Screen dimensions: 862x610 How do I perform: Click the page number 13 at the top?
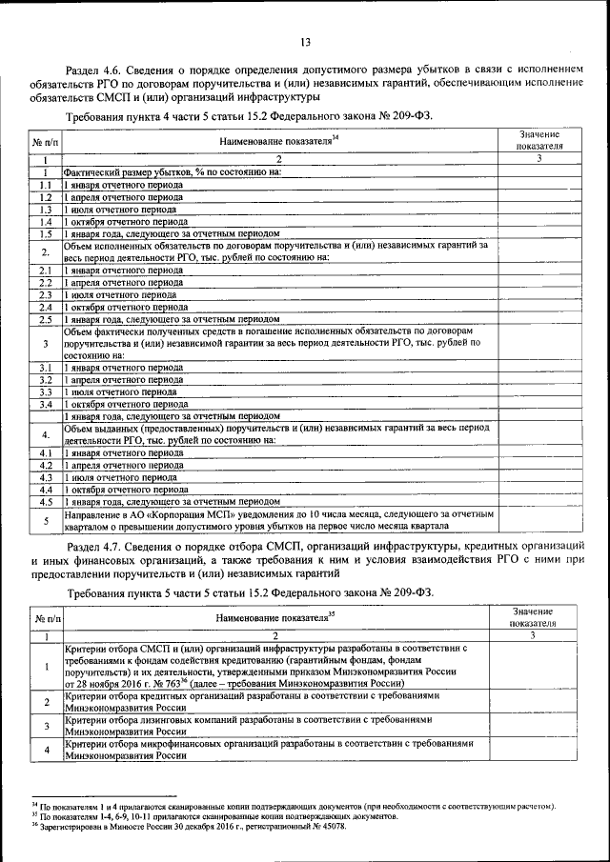coord(305,42)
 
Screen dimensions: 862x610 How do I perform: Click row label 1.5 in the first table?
coord(45,232)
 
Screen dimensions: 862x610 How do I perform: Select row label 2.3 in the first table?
coord(45,294)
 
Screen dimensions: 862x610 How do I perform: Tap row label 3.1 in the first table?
coord(45,367)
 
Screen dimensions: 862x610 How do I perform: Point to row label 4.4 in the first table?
coord(45,488)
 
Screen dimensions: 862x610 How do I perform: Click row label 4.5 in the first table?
coord(45,500)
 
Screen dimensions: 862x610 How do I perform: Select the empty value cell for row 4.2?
coord(540,464)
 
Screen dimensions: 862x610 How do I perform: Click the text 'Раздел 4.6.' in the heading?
coord(91,70)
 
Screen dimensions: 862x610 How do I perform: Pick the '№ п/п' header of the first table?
coord(45,141)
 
